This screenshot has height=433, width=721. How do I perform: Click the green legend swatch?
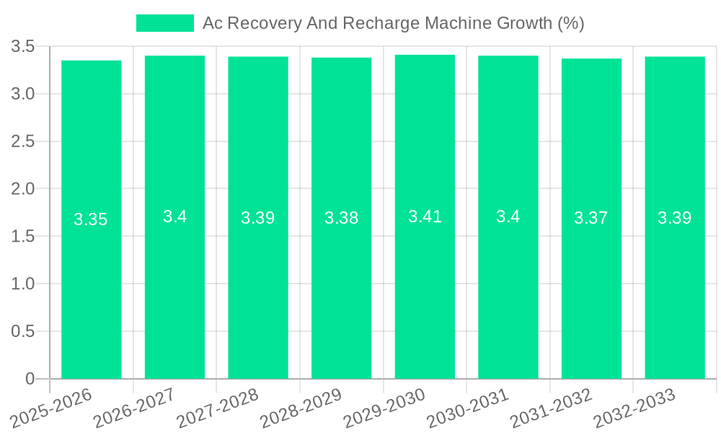tap(165, 23)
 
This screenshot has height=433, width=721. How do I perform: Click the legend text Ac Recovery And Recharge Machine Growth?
tap(393, 23)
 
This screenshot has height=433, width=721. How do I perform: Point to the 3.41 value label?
tap(425, 216)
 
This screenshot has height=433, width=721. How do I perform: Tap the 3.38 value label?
tap(342, 218)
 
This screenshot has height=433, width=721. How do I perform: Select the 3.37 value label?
tap(591, 218)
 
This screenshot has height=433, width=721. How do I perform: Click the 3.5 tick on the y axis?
tap(23, 47)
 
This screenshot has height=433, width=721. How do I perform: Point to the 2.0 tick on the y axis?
tap(23, 189)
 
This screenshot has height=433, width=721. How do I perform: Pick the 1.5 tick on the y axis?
tap(23, 237)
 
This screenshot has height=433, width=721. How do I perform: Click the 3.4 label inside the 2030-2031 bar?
tap(508, 216)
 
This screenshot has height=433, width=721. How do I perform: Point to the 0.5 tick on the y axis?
tap(23, 331)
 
